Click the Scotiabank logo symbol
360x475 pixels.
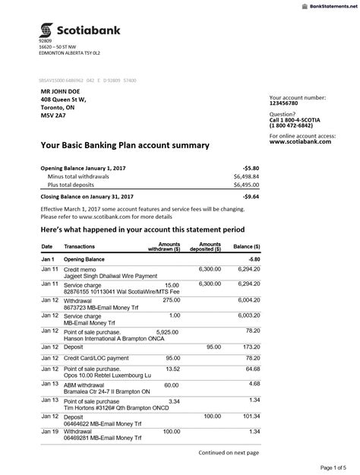point(46,30)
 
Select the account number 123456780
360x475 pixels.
point(287,105)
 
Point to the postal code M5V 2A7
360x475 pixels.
point(53,116)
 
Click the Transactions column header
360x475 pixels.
point(80,247)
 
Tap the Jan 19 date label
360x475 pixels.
point(49,431)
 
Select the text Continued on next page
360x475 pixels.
point(229,452)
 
